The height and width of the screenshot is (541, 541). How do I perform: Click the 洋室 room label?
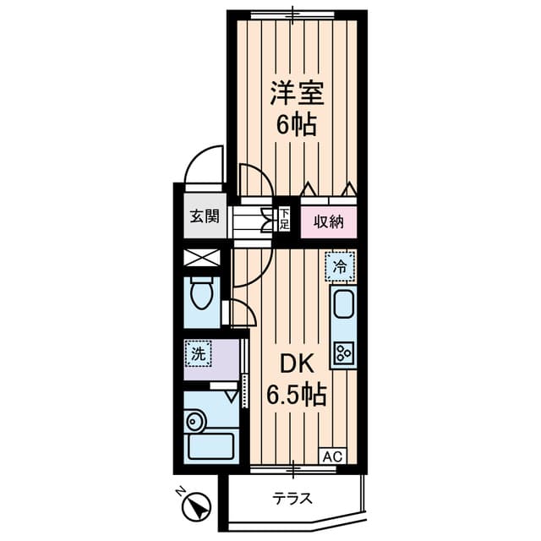pos(297,93)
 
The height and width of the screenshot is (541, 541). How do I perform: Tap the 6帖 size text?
pos(297,124)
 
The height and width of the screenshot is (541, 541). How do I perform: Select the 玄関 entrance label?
pos(205,216)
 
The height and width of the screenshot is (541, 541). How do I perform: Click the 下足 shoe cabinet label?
pos(284,219)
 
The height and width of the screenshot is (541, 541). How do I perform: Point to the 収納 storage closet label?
pos(329,221)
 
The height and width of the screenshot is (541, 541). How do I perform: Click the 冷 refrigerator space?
pos(340,266)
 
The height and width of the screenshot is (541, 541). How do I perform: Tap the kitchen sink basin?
pos(343,303)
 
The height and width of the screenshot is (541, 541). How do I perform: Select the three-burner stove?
pos(344,352)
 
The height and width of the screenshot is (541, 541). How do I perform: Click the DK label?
pos(297,364)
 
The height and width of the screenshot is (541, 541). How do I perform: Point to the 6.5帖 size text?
pos(297,394)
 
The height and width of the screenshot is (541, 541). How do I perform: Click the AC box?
pos(333,456)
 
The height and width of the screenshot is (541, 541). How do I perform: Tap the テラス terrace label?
pos(292,498)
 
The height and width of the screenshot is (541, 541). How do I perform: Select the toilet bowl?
pos(202,292)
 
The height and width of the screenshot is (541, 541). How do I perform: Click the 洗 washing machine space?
pos(198,353)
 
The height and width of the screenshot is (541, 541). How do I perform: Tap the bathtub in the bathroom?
pos(210,446)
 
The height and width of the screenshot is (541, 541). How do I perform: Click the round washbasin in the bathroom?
pos(195,420)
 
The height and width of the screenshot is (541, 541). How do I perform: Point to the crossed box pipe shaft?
pos(202,258)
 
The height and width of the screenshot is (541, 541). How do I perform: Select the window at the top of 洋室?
pos(292,15)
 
